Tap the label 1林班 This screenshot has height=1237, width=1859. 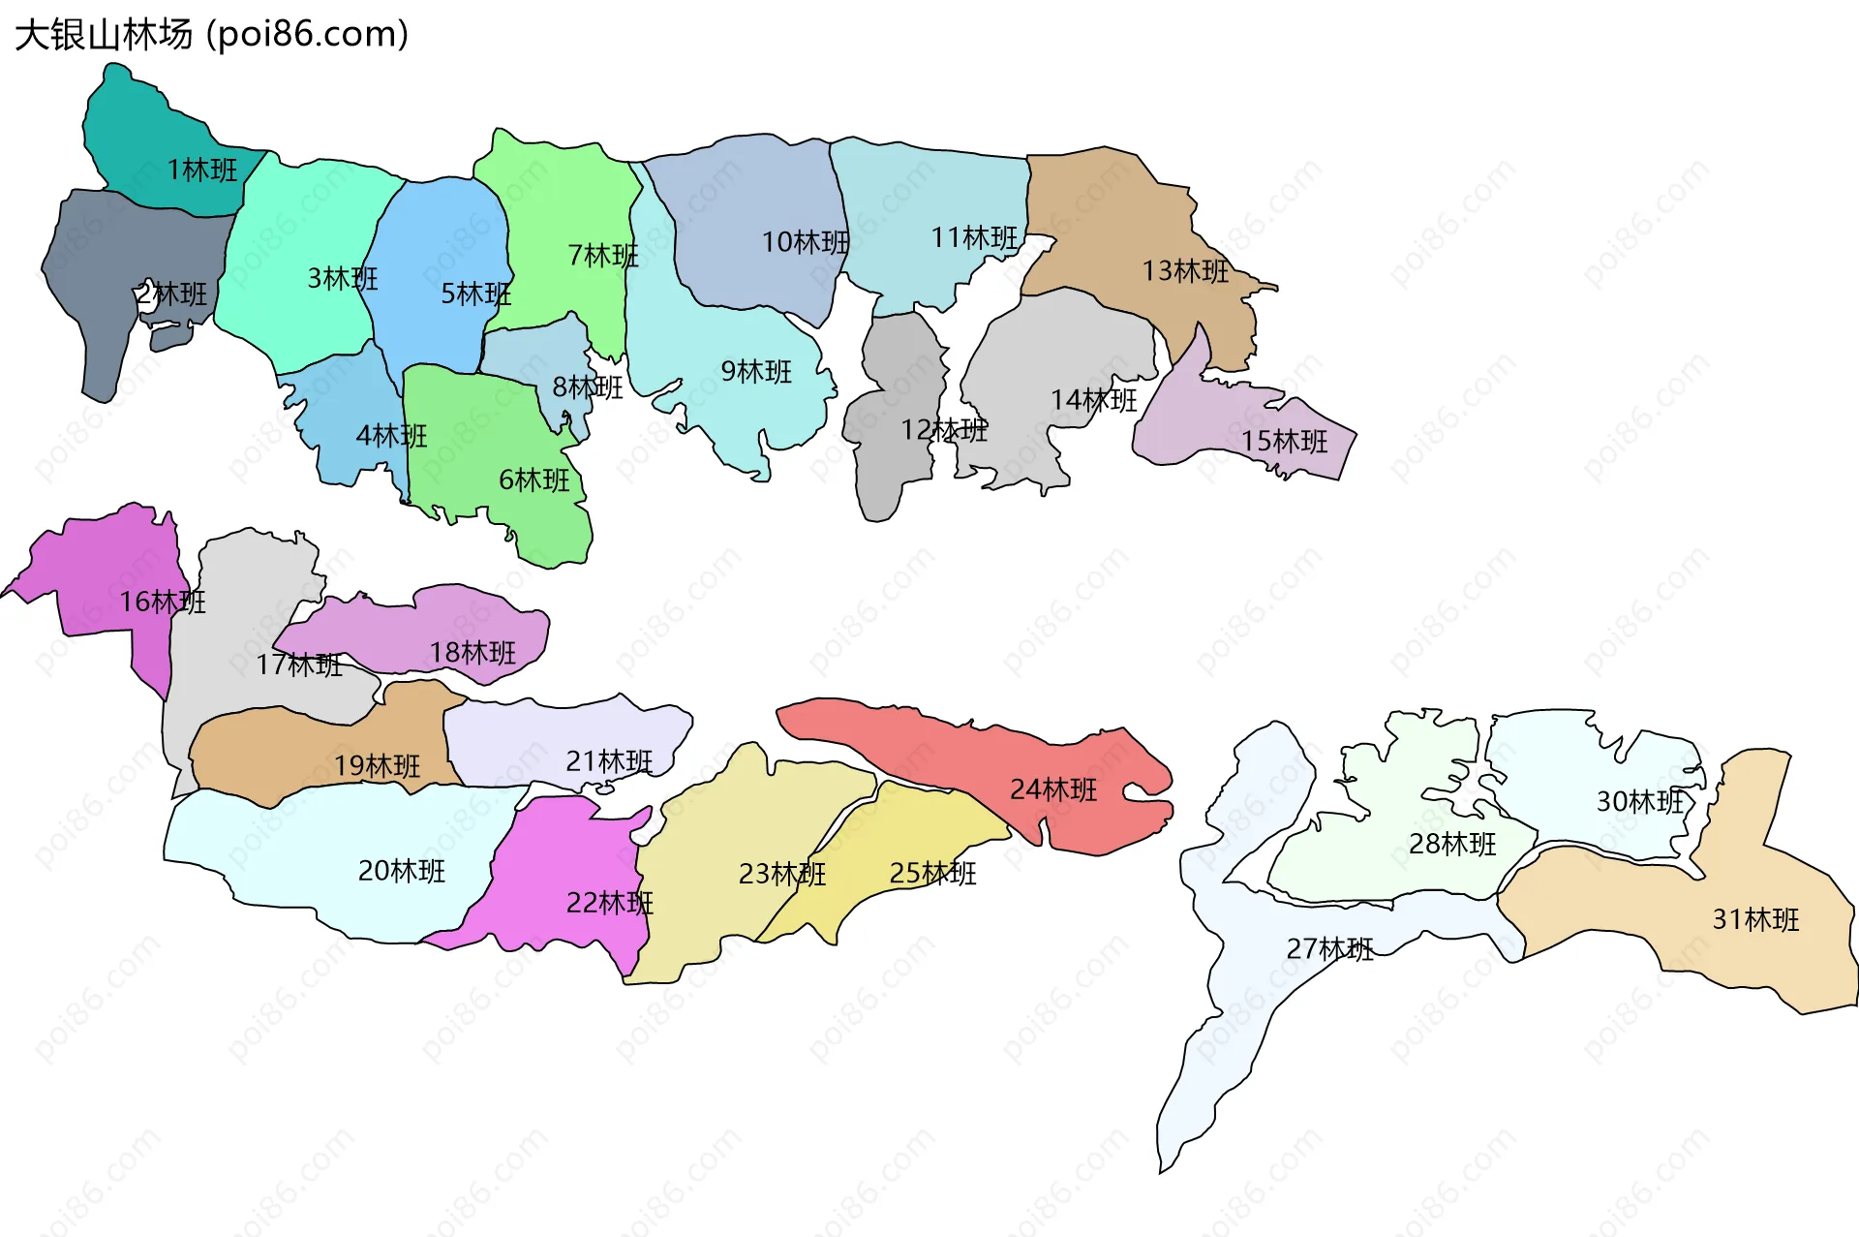coord(201,170)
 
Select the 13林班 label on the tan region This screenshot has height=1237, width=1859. coord(1185,271)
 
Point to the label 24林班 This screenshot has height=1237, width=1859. coord(1053,790)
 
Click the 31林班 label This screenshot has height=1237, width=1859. coord(1755,919)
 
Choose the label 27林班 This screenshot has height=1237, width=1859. coord(1329,949)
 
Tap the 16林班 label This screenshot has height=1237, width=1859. coord(163,603)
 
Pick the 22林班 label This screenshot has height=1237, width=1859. coord(610,904)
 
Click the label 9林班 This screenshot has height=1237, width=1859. coord(756,372)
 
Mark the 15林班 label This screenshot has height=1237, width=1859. coord(1285,442)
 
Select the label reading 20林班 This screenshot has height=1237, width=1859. coord(402,872)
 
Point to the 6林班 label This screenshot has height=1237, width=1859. coord(534,480)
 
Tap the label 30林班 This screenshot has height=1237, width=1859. coord(1640,802)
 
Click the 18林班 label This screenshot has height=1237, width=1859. coord(472,653)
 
